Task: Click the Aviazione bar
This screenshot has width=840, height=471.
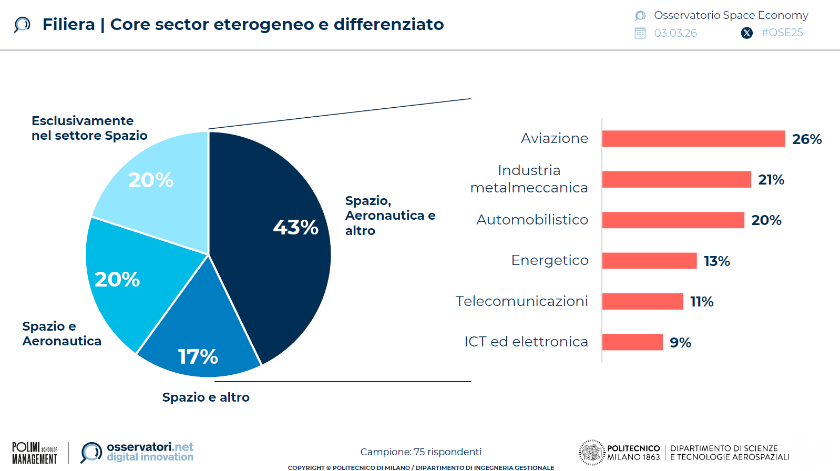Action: (x=693, y=139)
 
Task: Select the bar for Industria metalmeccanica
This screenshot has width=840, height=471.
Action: (x=676, y=179)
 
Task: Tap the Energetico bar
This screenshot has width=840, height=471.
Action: (x=649, y=261)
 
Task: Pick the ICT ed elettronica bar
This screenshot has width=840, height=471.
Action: (x=632, y=342)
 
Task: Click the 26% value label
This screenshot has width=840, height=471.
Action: (x=806, y=139)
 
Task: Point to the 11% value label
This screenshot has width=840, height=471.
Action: (x=701, y=302)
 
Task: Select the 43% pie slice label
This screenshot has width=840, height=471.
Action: (x=295, y=227)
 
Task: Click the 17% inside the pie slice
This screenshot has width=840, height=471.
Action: (x=198, y=356)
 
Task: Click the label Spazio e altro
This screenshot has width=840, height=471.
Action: (x=206, y=397)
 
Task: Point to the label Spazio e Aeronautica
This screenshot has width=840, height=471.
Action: (x=62, y=334)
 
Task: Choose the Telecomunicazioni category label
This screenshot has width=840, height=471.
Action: (x=521, y=301)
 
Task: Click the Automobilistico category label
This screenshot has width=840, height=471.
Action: (x=532, y=220)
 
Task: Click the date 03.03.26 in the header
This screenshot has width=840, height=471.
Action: (x=675, y=33)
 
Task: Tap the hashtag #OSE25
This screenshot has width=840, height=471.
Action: (x=782, y=33)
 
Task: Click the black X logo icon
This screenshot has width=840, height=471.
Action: (x=746, y=33)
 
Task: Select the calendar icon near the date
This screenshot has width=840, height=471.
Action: (x=640, y=33)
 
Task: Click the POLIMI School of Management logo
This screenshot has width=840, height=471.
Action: (x=35, y=453)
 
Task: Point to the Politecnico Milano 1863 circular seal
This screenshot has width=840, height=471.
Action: (x=592, y=453)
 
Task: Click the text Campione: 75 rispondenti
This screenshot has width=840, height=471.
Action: (x=421, y=452)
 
